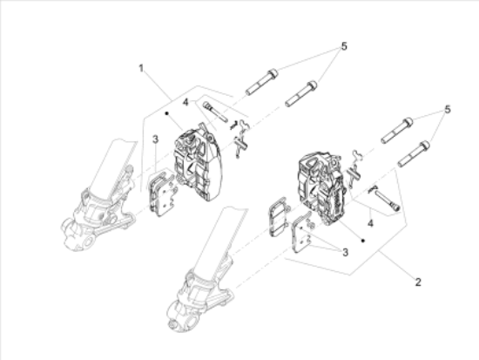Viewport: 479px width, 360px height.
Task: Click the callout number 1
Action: tap(140, 65)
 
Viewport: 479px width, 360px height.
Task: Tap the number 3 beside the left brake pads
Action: tap(154, 140)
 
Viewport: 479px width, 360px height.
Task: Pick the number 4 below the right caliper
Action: tap(369, 223)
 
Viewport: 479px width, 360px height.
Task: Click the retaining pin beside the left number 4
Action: tap(215, 112)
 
